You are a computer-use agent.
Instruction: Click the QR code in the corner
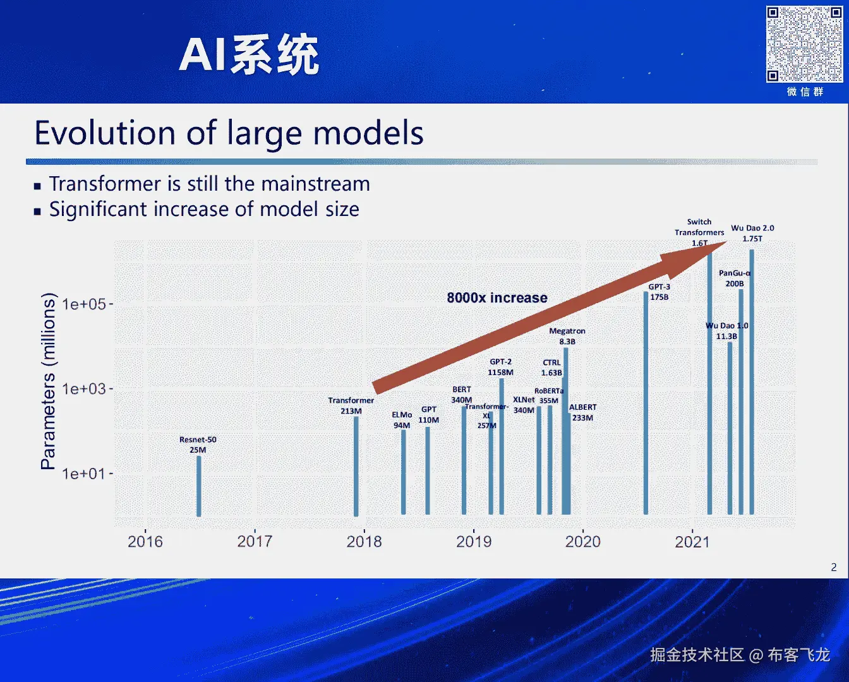[804, 44]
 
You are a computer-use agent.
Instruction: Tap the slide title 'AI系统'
[250, 56]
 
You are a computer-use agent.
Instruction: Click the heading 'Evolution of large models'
[229, 133]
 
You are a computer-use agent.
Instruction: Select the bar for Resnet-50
[199, 486]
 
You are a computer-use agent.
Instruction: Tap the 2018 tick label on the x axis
[364, 542]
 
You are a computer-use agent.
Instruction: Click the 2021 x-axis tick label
[692, 542]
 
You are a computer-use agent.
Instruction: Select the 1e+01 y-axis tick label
[84, 474]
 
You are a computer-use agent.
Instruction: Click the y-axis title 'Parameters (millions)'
[48, 381]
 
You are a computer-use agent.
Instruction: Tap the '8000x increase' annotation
[497, 298]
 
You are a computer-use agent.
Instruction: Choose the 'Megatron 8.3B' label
[567, 336]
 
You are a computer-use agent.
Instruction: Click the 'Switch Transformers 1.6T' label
[699, 232]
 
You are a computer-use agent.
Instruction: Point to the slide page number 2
[834, 567]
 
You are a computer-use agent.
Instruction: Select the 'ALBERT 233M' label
[582, 412]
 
